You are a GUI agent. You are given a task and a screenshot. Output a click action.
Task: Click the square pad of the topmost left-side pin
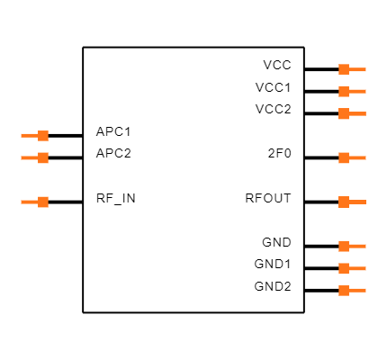pos(43,136)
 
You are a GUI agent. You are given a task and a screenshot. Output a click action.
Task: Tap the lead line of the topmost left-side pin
pos(29,136)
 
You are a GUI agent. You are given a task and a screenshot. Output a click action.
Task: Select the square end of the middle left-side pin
pos(43,158)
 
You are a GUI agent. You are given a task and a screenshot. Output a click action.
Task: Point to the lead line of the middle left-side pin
pos(29,158)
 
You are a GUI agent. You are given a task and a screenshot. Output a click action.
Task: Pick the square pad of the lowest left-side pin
pos(43,202)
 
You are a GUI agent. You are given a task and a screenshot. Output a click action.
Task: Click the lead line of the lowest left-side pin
pos(29,202)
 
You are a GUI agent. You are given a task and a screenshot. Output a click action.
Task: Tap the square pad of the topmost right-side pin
pos(344,69)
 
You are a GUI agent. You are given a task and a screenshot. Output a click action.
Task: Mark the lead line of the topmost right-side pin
pos(358,69)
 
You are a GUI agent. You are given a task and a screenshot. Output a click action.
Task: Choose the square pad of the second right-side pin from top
pos(344,92)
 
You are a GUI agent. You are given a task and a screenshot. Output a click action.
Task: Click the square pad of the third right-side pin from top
pos(344,114)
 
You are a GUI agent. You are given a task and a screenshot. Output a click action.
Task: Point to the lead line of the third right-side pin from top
pos(358,114)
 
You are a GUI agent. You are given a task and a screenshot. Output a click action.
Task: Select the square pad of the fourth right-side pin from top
pos(344,158)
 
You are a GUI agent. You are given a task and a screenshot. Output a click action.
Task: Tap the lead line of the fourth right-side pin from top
pos(358,158)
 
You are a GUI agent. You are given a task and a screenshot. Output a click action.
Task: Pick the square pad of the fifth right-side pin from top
pos(344,202)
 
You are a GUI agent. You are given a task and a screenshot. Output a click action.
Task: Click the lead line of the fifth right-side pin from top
pos(358,202)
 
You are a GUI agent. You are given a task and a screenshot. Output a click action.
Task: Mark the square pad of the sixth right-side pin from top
pos(344,247)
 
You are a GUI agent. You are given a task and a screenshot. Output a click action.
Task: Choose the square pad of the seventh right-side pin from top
pos(344,269)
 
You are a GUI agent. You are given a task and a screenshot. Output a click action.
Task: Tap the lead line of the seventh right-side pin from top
pos(358,269)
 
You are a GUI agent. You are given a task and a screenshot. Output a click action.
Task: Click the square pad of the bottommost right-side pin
pos(344,291)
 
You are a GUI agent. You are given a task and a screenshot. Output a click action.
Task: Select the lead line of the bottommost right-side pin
pos(358,291)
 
